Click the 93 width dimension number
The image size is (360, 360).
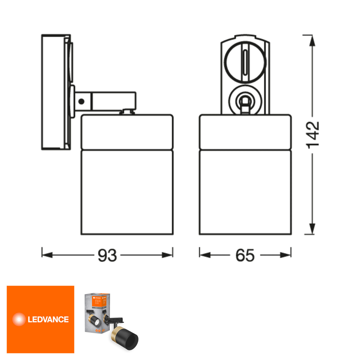[x=107, y=255]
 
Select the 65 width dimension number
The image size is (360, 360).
[x=245, y=255]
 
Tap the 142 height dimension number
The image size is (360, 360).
[x=312, y=134]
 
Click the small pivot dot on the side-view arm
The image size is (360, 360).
[x=82, y=102]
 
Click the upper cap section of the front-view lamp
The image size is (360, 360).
[x=245, y=132]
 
